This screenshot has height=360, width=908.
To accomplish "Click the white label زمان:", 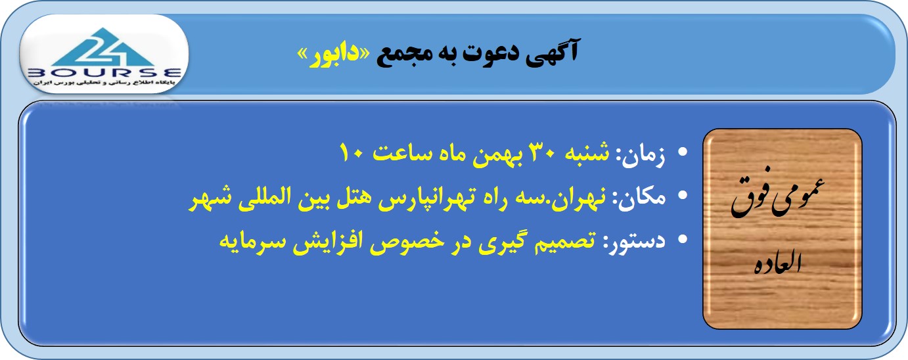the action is [641, 155].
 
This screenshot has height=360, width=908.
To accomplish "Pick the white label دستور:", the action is [634, 241].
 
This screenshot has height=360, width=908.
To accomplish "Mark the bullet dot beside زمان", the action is [683, 152].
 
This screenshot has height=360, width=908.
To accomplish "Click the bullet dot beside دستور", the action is [683, 238].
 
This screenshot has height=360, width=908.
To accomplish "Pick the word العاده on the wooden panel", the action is [778, 263].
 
